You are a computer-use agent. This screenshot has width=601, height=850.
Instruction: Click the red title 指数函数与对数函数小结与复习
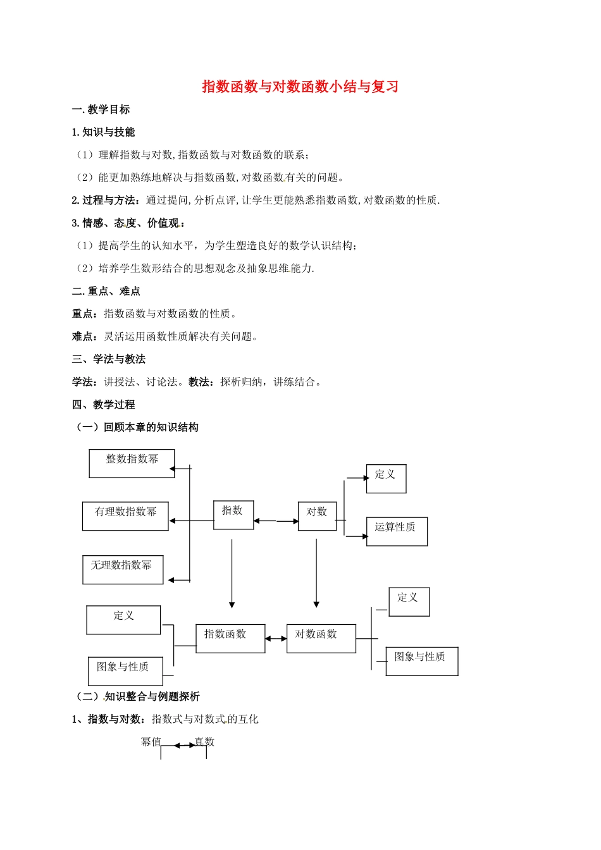tap(300, 87)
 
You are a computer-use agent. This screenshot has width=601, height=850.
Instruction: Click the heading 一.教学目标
tap(101, 109)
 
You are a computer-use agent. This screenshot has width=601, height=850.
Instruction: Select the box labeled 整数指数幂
tap(132, 463)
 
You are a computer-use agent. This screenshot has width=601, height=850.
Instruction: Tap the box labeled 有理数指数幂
tap(125, 515)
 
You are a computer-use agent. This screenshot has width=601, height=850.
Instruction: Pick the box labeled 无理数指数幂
tap(123, 569)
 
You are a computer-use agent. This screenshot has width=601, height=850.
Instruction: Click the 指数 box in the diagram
tap(233, 515)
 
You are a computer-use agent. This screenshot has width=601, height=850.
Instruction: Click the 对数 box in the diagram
tap(317, 515)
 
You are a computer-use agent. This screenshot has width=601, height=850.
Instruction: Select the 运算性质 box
tap(397, 531)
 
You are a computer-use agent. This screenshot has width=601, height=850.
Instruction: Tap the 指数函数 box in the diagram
tap(230, 638)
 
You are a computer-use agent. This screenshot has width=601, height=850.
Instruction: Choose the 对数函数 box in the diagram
tap(321, 638)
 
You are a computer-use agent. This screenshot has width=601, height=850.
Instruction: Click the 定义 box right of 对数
tap(386, 479)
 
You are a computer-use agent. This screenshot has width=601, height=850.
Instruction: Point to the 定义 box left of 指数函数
tap(123, 619)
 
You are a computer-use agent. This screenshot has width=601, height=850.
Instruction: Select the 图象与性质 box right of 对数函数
tap(421, 661)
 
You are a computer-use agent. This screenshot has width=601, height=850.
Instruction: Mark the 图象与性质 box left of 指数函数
tap(125, 670)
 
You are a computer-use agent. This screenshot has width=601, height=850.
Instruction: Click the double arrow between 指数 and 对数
tap(276, 521)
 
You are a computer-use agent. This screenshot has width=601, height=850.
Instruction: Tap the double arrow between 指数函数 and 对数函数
tap(276, 639)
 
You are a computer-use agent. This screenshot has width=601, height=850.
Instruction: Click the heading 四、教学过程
tap(104, 404)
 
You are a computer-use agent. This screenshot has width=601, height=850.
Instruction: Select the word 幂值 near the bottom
tap(151, 742)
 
